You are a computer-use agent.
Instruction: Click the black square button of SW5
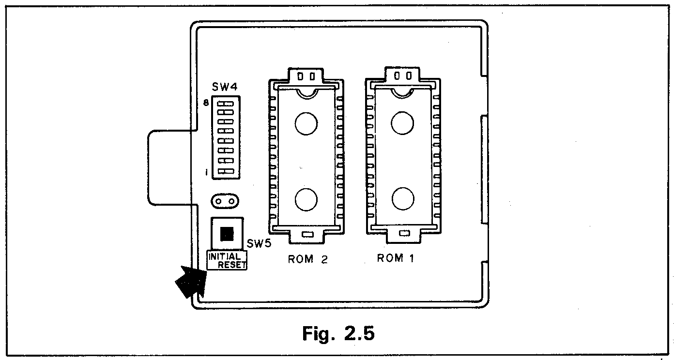tap(227, 234)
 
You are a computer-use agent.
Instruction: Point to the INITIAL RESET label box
tap(227, 260)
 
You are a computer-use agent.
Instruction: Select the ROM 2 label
tap(308, 259)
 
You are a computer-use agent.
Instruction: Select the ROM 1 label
tap(396, 258)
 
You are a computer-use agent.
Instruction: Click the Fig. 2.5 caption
tap(338, 333)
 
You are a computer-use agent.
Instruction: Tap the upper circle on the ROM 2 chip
tap(306, 123)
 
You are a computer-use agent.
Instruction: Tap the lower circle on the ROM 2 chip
tap(306, 199)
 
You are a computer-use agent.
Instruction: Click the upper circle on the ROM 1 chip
tap(403, 123)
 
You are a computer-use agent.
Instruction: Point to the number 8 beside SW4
tap(206, 103)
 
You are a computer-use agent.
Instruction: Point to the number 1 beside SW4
tap(206, 172)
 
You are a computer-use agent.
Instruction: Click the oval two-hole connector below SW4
tap(225, 201)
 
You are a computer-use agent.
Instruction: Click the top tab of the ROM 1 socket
tap(402, 75)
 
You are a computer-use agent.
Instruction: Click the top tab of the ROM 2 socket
tap(306, 75)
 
